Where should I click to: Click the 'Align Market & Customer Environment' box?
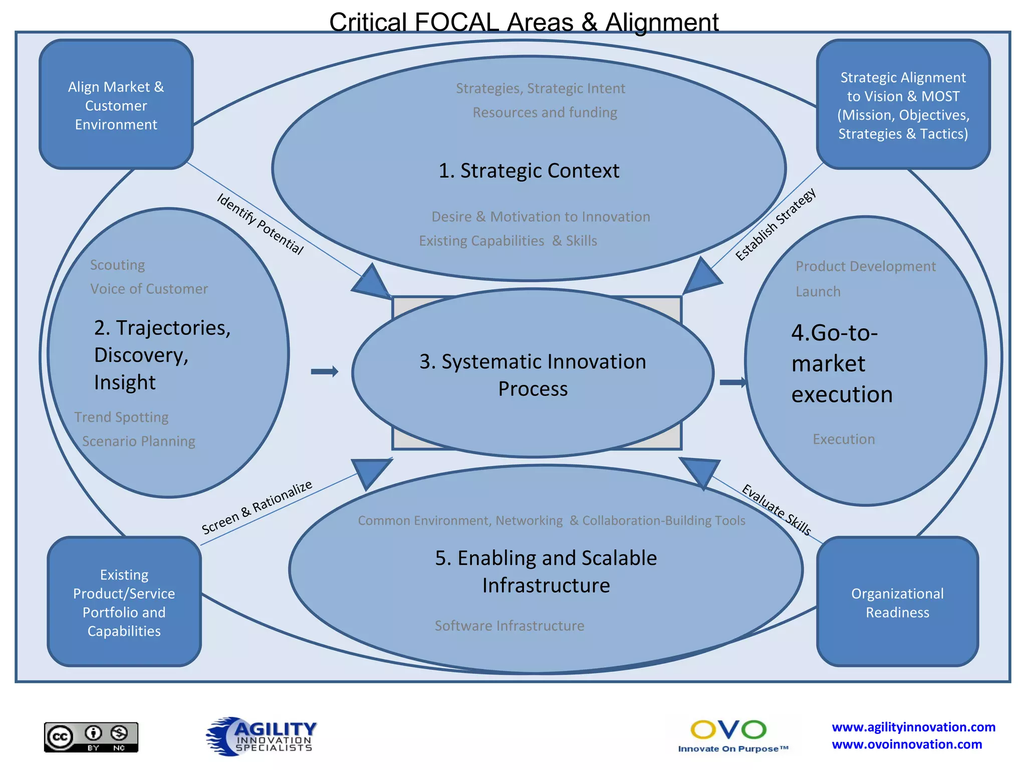[x=116, y=105]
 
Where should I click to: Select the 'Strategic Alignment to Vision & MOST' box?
[x=903, y=105]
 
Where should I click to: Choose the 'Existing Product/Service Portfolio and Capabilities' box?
[x=124, y=602]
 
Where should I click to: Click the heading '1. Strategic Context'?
[x=529, y=170]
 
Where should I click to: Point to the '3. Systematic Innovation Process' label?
[x=533, y=374]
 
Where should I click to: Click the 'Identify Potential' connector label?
[x=260, y=224]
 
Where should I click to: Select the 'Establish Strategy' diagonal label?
[x=775, y=224]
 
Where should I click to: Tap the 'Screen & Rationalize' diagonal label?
[x=256, y=507]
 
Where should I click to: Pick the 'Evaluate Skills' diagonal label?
[x=776, y=509]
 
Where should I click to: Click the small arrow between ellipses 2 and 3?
[x=325, y=371]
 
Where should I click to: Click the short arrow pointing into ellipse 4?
[x=732, y=382]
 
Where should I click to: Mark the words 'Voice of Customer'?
[x=149, y=289]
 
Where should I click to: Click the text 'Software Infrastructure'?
[x=509, y=626]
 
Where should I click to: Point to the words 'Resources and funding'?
[x=545, y=112]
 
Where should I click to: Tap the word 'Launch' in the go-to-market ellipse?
[x=818, y=291]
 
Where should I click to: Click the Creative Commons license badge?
[x=91, y=737]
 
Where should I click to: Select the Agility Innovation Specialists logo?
[x=261, y=735]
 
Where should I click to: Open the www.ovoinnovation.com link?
[x=906, y=744]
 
